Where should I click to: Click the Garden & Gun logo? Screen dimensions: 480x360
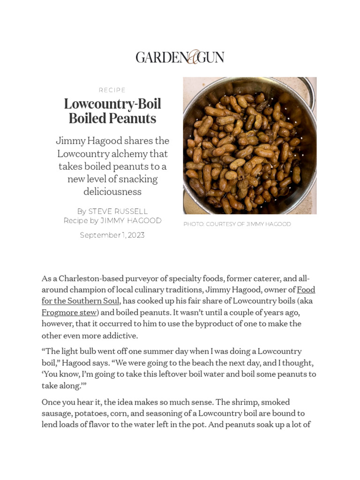pos(180,57)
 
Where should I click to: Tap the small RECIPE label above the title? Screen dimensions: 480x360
pos(112,90)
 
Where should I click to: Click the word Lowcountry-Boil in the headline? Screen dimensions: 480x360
pos(112,104)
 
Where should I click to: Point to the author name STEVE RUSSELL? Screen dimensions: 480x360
pos(118,211)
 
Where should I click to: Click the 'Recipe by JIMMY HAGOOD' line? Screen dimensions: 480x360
pos(112,221)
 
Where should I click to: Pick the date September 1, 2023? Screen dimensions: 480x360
pos(112,235)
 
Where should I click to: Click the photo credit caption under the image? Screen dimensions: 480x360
pos(237,224)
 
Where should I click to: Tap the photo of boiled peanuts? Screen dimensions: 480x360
pos(244,150)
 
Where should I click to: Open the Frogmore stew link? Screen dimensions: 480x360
pos(69,312)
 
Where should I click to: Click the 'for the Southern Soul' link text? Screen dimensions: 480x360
pos(81,301)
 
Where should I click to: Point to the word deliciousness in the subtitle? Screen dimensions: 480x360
pos(112,192)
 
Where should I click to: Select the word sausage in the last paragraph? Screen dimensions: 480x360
pos(56,413)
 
